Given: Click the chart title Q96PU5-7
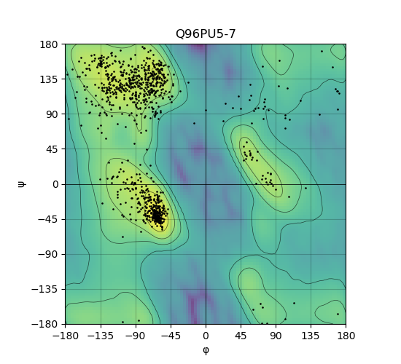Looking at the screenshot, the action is (206, 34).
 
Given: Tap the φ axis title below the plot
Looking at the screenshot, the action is (206, 350).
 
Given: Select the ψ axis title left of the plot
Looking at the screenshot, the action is (22, 184).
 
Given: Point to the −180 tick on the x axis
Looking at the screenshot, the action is (66, 336).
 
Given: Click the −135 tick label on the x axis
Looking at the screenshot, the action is (101, 336).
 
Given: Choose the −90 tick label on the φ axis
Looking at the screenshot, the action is (136, 336).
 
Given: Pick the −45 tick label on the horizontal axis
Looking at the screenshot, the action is (171, 336).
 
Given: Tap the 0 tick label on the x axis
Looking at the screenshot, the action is (206, 336).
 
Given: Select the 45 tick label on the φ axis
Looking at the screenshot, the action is (241, 336).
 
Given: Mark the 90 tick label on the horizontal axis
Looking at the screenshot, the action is (276, 336).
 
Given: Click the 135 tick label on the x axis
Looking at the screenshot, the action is (311, 336).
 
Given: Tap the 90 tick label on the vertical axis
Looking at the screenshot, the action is (52, 114).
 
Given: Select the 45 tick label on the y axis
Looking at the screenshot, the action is (52, 149).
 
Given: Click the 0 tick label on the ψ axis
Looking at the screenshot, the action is (55, 184).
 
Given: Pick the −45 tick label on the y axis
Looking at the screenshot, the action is (48, 219).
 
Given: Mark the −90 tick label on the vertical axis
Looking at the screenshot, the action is (48, 254).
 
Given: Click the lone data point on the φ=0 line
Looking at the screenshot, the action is (206, 111).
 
